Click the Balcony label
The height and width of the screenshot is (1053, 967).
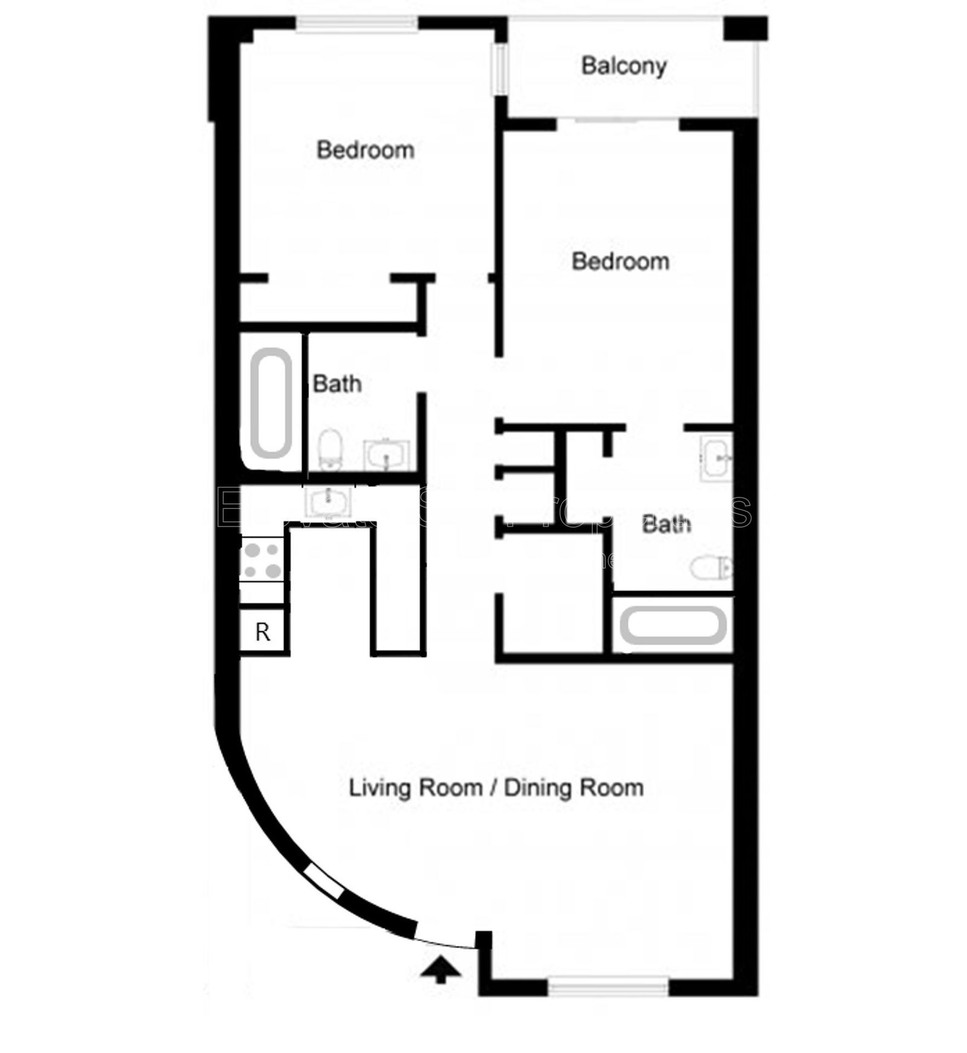point(623,65)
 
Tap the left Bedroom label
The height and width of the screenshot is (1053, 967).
point(365,150)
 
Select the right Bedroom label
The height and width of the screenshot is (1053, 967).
point(620,261)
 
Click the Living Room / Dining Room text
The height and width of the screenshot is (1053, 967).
point(496,788)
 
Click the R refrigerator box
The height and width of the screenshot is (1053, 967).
point(262,632)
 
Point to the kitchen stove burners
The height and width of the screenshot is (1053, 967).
point(262,560)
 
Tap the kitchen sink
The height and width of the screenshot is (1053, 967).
point(327,501)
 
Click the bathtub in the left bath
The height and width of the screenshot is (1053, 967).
point(271,403)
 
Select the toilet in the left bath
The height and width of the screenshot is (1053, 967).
point(330,449)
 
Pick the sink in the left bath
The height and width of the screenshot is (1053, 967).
point(386,455)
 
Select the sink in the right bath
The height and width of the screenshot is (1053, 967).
point(717,458)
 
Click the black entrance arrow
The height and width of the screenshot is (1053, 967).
point(441,970)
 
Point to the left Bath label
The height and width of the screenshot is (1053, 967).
point(337,384)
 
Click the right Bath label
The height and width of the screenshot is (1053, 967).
point(666,524)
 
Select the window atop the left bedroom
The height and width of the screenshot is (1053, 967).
point(357,24)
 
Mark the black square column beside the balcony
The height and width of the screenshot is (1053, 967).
point(745,28)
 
